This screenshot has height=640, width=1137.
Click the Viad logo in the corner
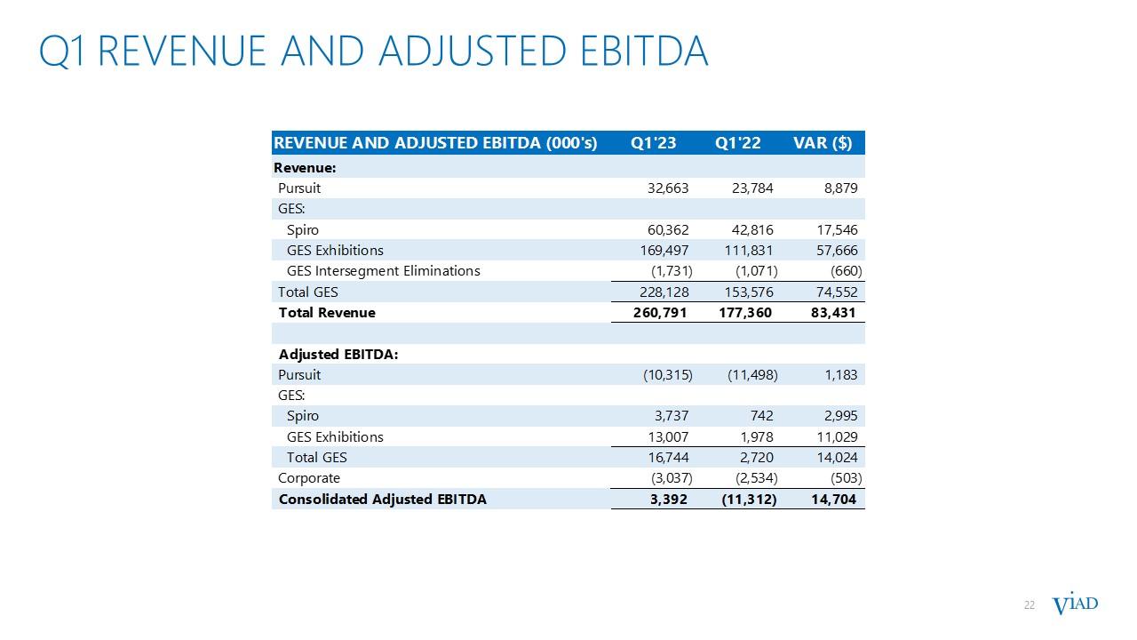[1075, 604]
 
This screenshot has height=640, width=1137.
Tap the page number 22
[1030, 605]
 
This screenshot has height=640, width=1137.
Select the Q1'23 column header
[653, 144]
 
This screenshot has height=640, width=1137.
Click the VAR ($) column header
[822, 144]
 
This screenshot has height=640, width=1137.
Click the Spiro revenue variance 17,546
[833, 230]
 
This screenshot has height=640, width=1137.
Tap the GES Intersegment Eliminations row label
[383, 271]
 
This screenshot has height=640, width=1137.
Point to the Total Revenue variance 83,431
[828, 313]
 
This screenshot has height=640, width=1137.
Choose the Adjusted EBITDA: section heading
[338, 354]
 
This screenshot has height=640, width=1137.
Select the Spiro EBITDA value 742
[760, 416]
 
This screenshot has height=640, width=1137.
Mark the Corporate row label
[309, 478]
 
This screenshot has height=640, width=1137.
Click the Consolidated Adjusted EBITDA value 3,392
[668, 500]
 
